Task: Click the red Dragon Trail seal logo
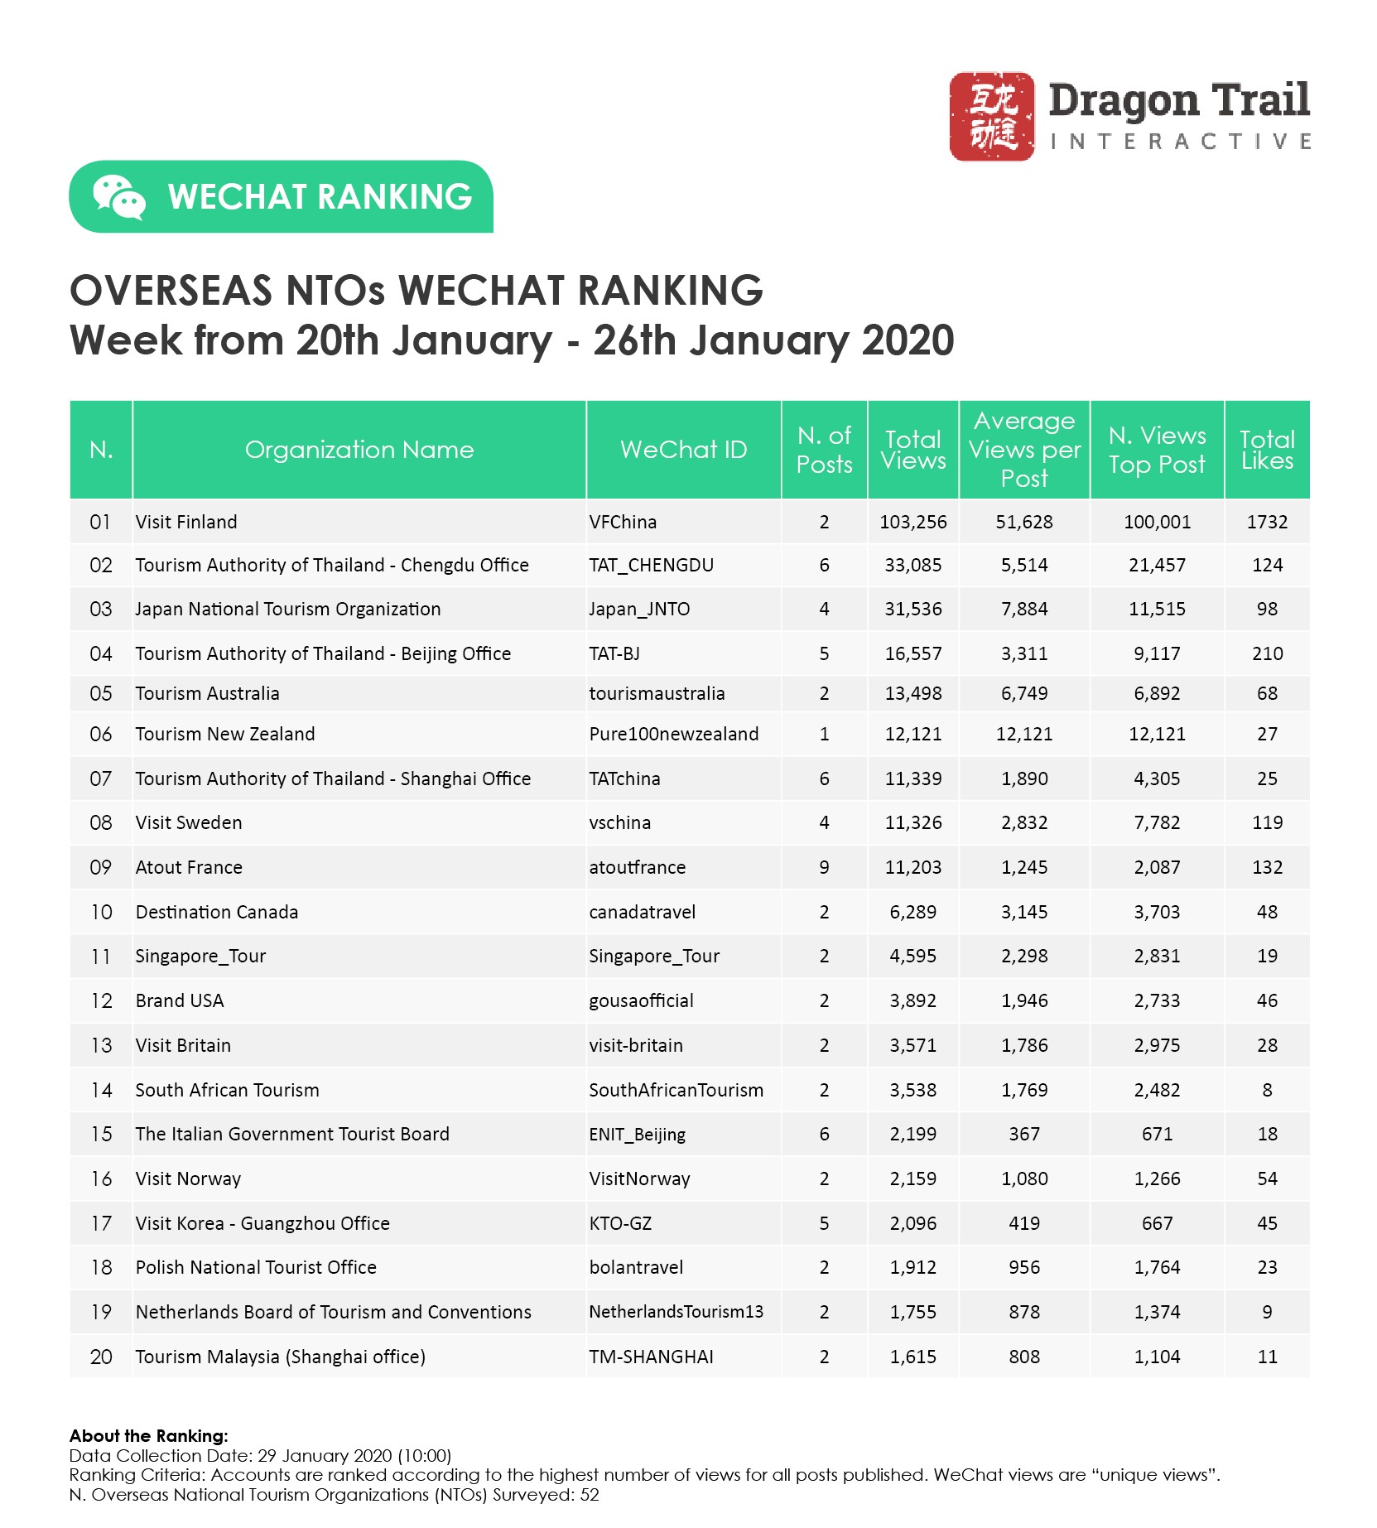(x=991, y=116)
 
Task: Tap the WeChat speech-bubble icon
(x=118, y=197)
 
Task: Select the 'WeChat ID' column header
(x=683, y=450)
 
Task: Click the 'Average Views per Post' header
(x=1024, y=450)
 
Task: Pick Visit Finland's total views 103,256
(x=912, y=523)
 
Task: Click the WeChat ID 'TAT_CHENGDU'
(x=651, y=566)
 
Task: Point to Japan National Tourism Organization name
(x=287, y=610)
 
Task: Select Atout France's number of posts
(x=824, y=868)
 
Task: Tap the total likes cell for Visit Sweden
(x=1267, y=823)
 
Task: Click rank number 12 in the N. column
(x=101, y=1001)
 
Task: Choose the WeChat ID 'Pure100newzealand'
(x=673, y=735)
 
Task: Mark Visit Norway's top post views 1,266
(x=1157, y=1179)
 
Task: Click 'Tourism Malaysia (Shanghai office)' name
(x=280, y=1357)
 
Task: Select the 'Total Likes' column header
(x=1267, y=450)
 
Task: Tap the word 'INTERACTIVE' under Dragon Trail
(x=1180, y=142)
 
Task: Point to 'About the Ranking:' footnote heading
(x=148, y=1436)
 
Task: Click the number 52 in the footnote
(x=589, y=1495)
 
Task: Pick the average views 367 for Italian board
(x=1024, y=1135)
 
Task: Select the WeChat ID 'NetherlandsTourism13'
(x=676, y=1313)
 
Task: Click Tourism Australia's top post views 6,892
(x=1157, y=694)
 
